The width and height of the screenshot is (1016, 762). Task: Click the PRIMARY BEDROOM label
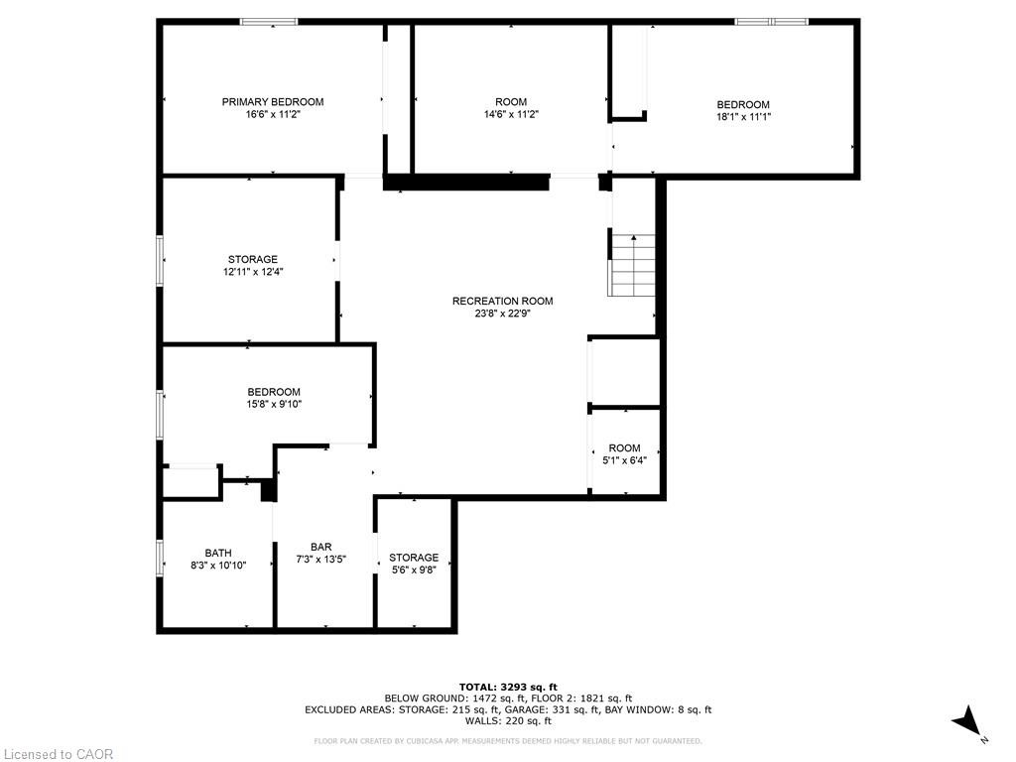coord(272,102)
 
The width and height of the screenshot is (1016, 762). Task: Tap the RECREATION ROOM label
coord(502,302)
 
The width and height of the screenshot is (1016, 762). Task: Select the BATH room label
coord(218,553)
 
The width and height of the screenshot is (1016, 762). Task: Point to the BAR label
coord(320,547)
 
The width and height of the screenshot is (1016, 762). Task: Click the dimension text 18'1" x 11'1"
coord(743,117)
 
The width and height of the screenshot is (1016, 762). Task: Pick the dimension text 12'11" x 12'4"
coord(253,272)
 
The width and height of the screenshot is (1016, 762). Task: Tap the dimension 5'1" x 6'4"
coord(624,460)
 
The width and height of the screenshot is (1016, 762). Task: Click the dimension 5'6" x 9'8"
coord(413,570)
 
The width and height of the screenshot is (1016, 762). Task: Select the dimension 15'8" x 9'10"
coord(274,404)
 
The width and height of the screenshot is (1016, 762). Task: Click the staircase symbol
coord(633,265)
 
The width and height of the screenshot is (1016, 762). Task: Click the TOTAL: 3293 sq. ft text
coord(507,687)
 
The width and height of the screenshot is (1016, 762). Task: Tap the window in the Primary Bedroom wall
coord(269,22)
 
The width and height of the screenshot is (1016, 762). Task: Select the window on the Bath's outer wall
coord(160,557)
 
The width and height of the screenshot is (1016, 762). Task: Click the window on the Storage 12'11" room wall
coord(160,260)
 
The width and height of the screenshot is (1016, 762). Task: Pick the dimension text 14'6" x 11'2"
coord(511,114)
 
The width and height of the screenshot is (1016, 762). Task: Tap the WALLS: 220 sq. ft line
coord(507,721)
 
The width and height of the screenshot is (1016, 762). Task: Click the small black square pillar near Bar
coord(267,489)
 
